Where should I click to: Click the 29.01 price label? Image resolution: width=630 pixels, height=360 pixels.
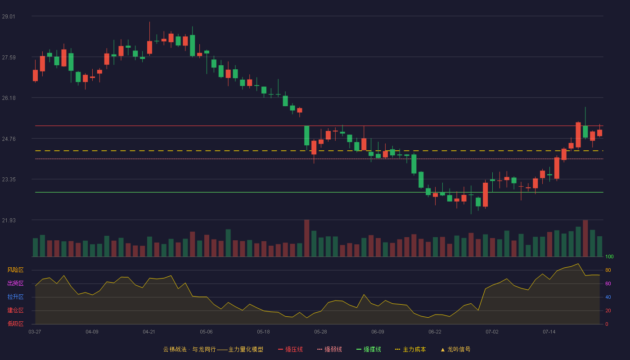click(x=9, y=17)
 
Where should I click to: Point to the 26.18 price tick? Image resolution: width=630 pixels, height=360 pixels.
click(x=9, y=98)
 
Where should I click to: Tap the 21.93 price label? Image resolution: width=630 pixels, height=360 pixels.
click(x=9, y=220)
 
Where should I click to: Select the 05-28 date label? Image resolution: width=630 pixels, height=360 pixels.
click(x=320, y=332)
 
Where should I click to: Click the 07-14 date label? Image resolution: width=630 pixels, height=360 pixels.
click(x=549, y=332)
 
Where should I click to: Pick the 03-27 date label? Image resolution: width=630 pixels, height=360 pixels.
click(x=35, y=332)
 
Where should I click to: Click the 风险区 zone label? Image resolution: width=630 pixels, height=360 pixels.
click(x=15, y=270)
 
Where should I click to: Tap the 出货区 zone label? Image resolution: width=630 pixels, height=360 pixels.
click(x=15, y=283)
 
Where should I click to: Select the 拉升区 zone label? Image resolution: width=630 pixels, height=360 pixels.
click(x=15, y=297)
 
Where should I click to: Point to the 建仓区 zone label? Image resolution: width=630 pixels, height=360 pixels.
click(x=15, y=310)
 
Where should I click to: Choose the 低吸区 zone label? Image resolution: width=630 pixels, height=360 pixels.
click(x=15, y=324)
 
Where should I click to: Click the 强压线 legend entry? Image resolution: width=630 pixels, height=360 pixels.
click(x=290, y=349)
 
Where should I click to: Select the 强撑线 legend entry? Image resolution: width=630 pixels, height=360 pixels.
click(x=369, y=349)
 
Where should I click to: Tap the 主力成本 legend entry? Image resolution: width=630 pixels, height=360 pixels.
click(x=410, y=349)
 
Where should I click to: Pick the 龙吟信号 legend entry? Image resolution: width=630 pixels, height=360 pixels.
click(x=455, y=349)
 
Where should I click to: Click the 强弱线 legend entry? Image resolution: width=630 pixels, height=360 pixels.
click(x=329, y=349)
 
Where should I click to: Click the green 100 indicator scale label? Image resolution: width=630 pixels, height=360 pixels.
click(x=609, y=256)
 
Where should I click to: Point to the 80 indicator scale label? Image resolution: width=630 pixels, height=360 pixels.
click(x=608, y=270)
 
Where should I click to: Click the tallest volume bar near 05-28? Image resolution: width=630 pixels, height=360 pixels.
click(x=306, y=238)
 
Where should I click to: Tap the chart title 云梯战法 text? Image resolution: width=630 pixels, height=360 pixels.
click(x=175, y=349)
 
